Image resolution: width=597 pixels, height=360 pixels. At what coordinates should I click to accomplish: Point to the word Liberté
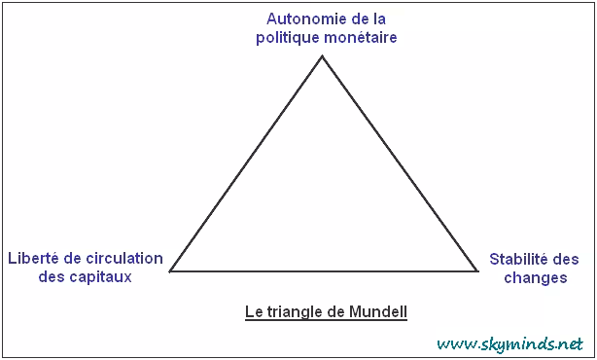(x=33, y=258)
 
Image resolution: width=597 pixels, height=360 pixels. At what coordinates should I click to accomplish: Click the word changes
(x=536, y=277)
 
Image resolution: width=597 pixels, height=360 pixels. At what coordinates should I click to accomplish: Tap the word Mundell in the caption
(x=378, y=311)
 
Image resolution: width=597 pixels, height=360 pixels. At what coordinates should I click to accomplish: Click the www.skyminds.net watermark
(x=509, y=344)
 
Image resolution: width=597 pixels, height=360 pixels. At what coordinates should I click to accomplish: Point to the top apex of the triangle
(x=322, y=56)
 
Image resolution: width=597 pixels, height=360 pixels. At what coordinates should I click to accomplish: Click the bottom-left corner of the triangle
(x=170, y=271)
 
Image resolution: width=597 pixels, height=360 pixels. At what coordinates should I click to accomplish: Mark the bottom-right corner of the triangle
(x=477, y=271)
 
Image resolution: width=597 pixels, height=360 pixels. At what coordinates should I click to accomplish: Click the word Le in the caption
(x=254, y=311)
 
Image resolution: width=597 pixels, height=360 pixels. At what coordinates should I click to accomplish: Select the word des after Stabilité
(x=566, y=259)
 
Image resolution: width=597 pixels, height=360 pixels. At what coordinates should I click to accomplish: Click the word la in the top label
(x=379, y=18)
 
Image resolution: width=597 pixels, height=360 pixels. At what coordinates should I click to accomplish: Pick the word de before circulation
(x=72, y=258)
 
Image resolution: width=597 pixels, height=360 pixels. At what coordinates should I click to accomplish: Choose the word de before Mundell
(x=336, y=311)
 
